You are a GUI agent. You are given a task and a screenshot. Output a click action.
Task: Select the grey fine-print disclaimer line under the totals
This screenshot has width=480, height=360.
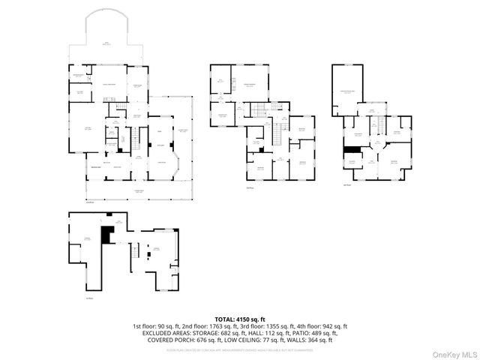[240, 349]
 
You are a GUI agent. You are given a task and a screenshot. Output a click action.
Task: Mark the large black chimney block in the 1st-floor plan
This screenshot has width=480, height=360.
[107, 235]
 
